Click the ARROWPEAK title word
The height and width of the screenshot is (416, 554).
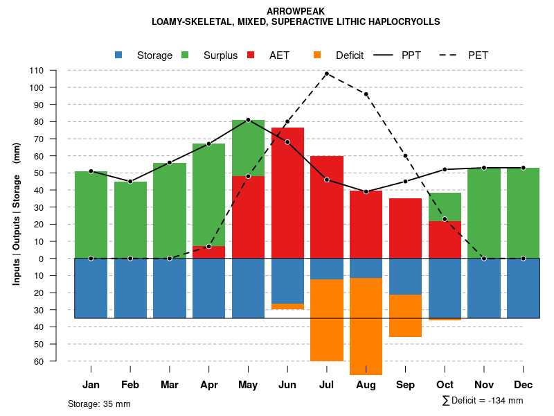pos(296,11)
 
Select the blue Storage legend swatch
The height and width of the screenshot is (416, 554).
pos(118,55)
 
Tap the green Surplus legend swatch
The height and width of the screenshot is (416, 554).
pos(185,55)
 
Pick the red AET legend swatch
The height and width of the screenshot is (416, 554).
pos(251,55)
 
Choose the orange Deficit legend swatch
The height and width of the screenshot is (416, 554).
pos(317,55)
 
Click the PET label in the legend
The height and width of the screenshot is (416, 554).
pos(478,55)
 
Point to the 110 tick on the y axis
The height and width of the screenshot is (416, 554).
pos(36,70)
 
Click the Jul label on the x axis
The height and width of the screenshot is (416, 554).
pos(327,385)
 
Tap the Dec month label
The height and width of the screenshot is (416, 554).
pos(523,385)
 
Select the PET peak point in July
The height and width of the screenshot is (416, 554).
pos(327,73)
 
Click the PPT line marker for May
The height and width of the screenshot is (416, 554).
pos(248,120)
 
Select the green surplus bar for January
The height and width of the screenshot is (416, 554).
pos(91,215)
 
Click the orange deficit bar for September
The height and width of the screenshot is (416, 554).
pos(405,315)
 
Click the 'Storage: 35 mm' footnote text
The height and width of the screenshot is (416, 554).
pos(99,404)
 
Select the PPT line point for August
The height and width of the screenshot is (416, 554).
pos(366,191)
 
